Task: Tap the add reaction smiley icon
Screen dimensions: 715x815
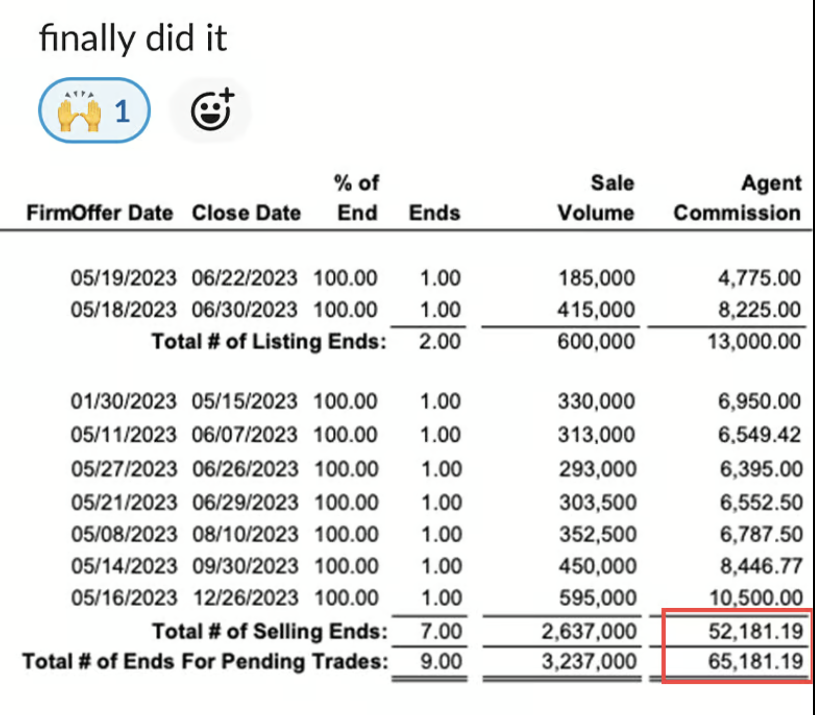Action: pyautogui.click(x=212, y=111)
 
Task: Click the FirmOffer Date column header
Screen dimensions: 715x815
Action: pyautogui.click(x=100, y=213)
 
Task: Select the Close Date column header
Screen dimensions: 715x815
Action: pyautogui.click(x=246, y=213)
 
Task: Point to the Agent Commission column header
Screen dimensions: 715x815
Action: pyautogui.click(x=737, y=198)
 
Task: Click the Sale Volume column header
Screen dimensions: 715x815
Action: pyautogui.click(x=596, y=198)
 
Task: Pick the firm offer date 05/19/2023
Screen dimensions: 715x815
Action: pyautogui.click(x=123, y=278)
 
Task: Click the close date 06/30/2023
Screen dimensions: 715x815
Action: pyautogui.click(x=244, y=310)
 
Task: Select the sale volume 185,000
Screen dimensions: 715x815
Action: pyautogui.click(x=596, y=278)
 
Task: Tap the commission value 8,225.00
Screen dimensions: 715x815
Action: pyautogui.click(x=759, y=310)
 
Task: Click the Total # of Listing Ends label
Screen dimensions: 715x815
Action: pyautogui.click(x=269, y=341)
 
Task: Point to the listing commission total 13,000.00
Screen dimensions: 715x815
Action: pyautogui.click(x=754, y=341)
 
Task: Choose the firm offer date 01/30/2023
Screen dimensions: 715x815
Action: pyautogui.click(x=123, y=402)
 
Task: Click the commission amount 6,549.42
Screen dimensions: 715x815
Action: pyautogui.click(x=759, y=435)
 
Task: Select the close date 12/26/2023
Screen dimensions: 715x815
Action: pyautogui.click(x=245, y=598)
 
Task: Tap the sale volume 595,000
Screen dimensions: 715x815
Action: pyautogui.click(x=598, y=598)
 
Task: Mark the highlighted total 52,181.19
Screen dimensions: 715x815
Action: pyautogui.click(x=755, y=631)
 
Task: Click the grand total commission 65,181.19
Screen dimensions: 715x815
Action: pyautogui.click(x=755, y=661)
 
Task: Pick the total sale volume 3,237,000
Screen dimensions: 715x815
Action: pyautogui.click(x=588, y=661)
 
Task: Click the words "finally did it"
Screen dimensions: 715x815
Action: pyautogui.click(x=133, y=39)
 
